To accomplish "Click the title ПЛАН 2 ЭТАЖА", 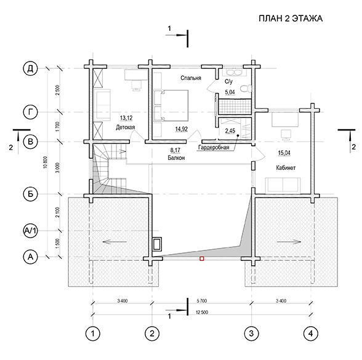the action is [x=291, y=18].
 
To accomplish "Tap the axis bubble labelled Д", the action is [x=31, y=68].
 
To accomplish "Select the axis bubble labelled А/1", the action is [x=31, y=230].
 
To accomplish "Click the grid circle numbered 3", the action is [x=251, y=334].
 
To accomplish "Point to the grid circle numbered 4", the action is [x=310, y=334].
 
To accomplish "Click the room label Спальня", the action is [x=191, y=78].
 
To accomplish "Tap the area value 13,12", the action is [x=126, y=118].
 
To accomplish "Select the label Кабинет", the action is [x=286, y=168].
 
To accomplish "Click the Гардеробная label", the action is [x=214, y=148].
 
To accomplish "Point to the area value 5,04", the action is [x=230, y=92].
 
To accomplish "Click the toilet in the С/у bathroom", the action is [x=245, y=89].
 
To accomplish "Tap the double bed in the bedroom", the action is [x=171, y=105].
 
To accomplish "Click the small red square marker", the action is [x=201, y=259].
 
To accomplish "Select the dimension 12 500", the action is [x=202, y=313].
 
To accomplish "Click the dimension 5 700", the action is [x=202, y=301].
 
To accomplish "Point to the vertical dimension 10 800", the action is [x=46, y=162].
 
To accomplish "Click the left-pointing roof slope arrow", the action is [x=115, y=242].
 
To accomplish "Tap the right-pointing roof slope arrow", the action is [x=289, y=242].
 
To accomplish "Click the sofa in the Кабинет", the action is [x=283, y=185].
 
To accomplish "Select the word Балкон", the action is [x=176, y=158].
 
